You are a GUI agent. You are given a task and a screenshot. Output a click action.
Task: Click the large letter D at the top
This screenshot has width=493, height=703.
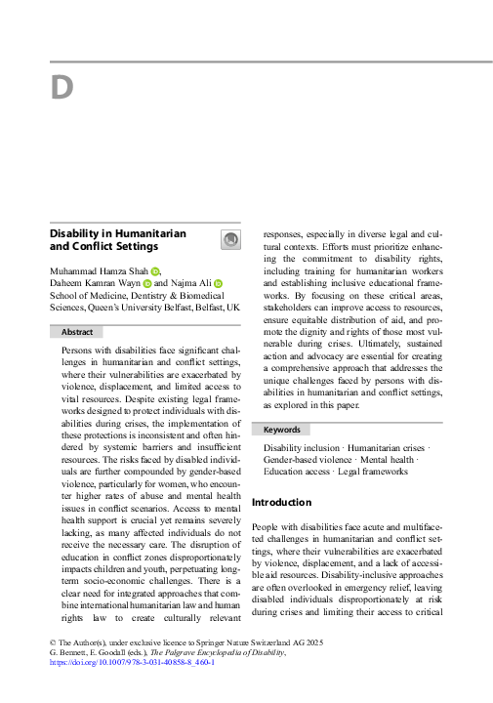pos(62,89)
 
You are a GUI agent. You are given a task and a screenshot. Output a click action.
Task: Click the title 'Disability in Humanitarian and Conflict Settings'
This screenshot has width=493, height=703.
pos(117,240)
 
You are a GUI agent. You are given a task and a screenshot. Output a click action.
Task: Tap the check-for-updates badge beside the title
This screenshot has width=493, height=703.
pos(231,240)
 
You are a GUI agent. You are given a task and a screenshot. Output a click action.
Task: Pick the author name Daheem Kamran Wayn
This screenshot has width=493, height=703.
pos(94,283)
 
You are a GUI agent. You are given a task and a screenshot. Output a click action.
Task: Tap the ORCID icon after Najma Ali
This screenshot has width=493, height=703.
pos(219,283)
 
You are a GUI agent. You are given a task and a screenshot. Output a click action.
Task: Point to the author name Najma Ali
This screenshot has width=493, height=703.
pos(191,283)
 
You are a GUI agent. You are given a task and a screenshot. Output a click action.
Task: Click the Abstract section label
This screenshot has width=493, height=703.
pos(77,332)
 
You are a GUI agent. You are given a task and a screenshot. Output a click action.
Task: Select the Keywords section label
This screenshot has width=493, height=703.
pos(281,430)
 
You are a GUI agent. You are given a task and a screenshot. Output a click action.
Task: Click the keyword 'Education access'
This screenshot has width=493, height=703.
pos(299,473)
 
